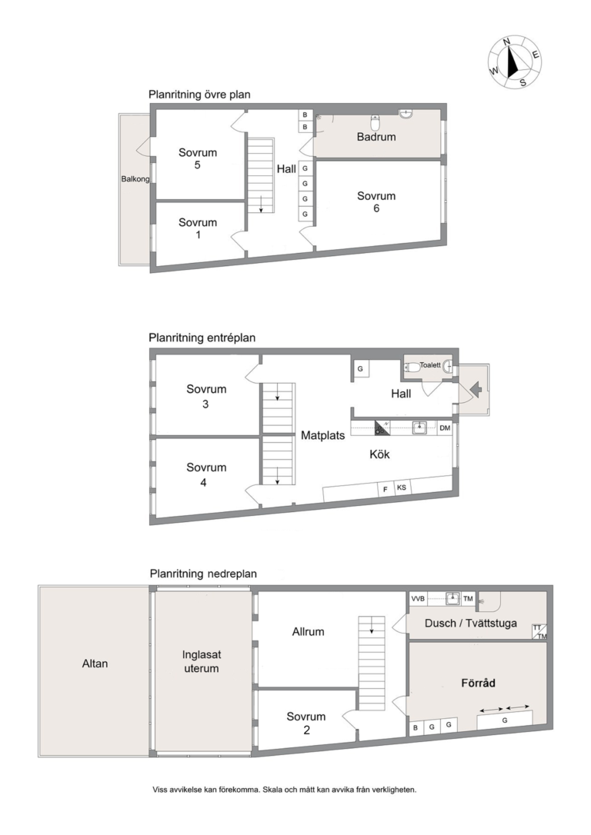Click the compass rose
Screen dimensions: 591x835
pyautogui.click(x=515, y=62)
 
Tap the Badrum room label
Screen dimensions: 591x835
pyautogui.click(x=376, y=137)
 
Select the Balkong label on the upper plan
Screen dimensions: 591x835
pyautogui.click(x=135, y=179)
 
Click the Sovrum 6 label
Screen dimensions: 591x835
pyautogui.click(x=376, y=201)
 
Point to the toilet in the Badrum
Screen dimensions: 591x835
pyautogui.click(x=376, y=123)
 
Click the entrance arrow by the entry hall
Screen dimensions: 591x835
pyautogui.click(x=476, y=391)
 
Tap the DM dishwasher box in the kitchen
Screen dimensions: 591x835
pyautogui.click(x=445, y=427)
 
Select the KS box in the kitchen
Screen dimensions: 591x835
pyautogui.click(x=401, y=487)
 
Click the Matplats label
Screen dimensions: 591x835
pyautogui.click(x=323, y=435)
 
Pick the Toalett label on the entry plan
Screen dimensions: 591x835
pyautogui.click(x=430, y=365)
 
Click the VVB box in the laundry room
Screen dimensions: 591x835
pyautogui.click(x=418, y=598)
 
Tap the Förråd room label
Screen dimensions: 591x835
pyautogui.click(x=478, y=683)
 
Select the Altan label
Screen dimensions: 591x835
pyautogui.click(x=95, y=664)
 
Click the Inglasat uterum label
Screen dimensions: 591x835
pyautogui.click(x=202, y=661)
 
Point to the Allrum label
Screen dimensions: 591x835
pyautogui.click(x=308, y=631)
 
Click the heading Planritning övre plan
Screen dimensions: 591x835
pyautogui.click(x=199, y=95)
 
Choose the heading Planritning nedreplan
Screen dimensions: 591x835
pyautogui.click(x=203, y=574)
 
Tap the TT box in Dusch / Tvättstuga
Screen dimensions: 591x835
pyautogui.click(x=536, y=628)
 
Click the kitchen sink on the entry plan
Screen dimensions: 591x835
pyautogui.click(x=420, y=427)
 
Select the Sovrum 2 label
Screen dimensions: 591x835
pyautogui.click(x=306, y=724)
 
